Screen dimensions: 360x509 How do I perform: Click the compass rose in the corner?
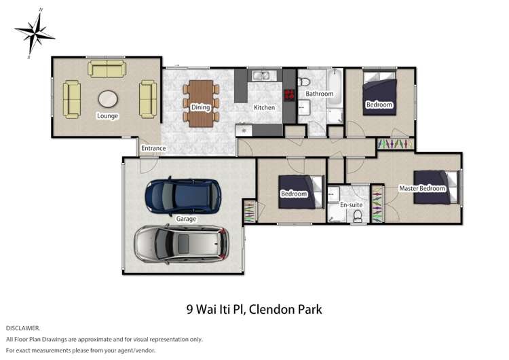coord(34,32)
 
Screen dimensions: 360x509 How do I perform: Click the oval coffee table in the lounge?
coord(107,99)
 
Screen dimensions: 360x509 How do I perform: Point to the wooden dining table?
coord(200,103)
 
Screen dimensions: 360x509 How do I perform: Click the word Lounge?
coord(107,116)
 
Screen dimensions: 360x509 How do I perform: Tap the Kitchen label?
coord(264,108)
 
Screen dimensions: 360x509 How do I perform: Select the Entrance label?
coord(153,149)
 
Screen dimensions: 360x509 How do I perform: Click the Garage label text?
coord(186,219)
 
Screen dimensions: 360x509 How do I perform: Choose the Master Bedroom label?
coord(421,188)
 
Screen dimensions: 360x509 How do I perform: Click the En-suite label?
coord(351,204)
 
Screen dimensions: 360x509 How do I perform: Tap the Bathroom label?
coord(318,94)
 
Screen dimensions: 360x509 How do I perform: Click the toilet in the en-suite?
coord(357,215)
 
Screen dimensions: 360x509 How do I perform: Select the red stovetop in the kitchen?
coord(289,95)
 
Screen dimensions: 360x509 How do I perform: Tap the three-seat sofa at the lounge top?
coord(106,69)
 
